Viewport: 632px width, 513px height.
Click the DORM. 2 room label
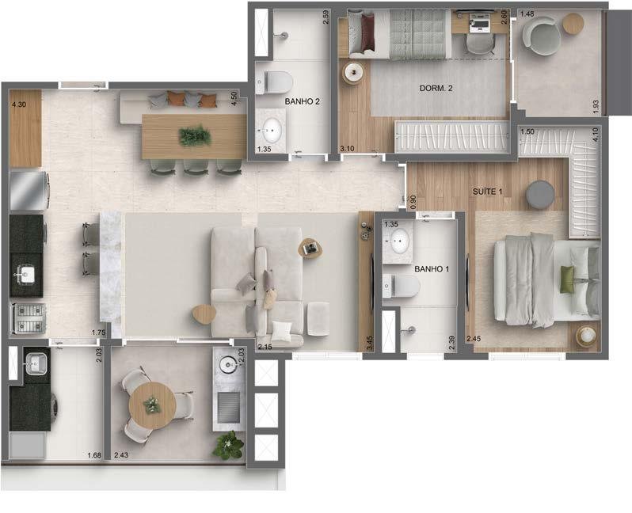click(x=436, y=88)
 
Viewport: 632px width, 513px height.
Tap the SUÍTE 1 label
click(x=487, y=192)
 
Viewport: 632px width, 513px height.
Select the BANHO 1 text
click(x=432, y=269)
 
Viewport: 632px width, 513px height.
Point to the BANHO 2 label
click(x=302, y=101)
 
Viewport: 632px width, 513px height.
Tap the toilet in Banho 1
click(x=401, y=286)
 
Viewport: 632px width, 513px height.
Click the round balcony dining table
click(x=152, y=405)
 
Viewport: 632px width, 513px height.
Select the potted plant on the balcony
click(x=229, y=444)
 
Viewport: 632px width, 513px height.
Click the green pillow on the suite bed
click(x=567, y=279)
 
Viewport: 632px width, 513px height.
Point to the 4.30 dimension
click(x=19, y=104)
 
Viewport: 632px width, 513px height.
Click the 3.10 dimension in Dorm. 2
click(x=347, y=149)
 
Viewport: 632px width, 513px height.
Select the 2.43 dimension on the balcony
click(x=121, y=455)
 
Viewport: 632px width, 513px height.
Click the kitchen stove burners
click(x=28, y=318)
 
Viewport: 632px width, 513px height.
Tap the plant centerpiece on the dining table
click(x=195, y=136)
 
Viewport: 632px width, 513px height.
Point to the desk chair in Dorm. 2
click(x=480, y=44)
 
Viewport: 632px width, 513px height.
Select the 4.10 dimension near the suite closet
click(x=596, y=134)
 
